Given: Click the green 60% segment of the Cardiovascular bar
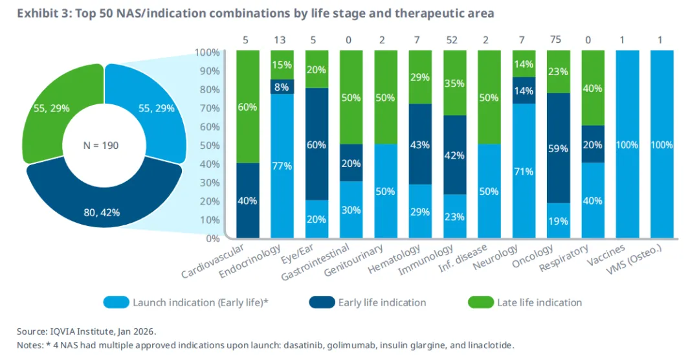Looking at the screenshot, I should [x=247, y=107].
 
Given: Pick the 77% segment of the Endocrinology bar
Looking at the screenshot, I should [x=282, y=166].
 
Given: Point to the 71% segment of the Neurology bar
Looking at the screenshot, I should [x=525, y=171].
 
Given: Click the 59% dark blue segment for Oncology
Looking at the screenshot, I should [x=559, y=148].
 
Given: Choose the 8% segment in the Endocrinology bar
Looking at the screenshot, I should [x=282, y=87].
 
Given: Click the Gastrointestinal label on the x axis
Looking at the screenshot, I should [x=316, y=262].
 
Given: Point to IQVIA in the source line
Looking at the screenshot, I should [x=64, y=330].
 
